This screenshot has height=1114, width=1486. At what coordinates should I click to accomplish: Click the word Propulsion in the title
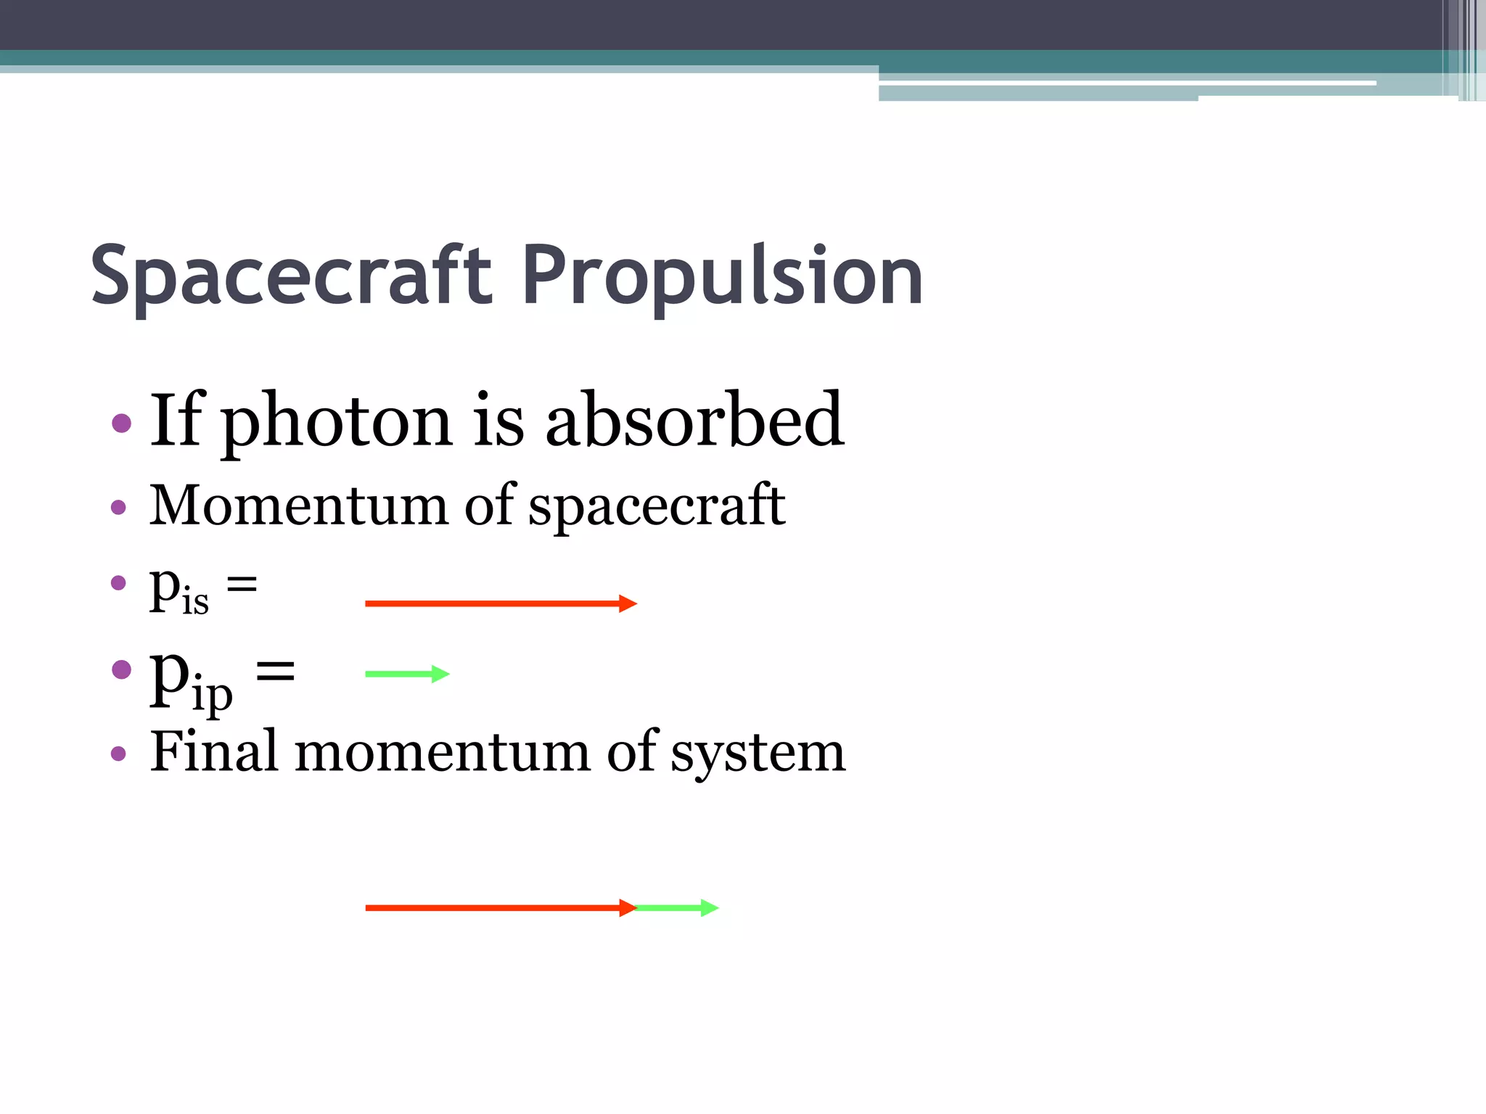[722, 277]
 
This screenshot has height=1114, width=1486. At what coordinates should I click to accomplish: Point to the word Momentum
[298, 505]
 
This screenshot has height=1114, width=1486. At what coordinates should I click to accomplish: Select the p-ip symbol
[191, 677]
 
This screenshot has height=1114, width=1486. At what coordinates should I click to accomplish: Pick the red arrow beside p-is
[500, 603]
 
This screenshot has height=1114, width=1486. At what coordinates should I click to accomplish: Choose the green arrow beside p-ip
[407, 674]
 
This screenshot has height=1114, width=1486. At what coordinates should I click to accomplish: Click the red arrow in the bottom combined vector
[500, 908]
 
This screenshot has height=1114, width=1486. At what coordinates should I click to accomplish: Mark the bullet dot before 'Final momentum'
[119, 754]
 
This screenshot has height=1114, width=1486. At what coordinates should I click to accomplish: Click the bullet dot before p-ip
[122, 669]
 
